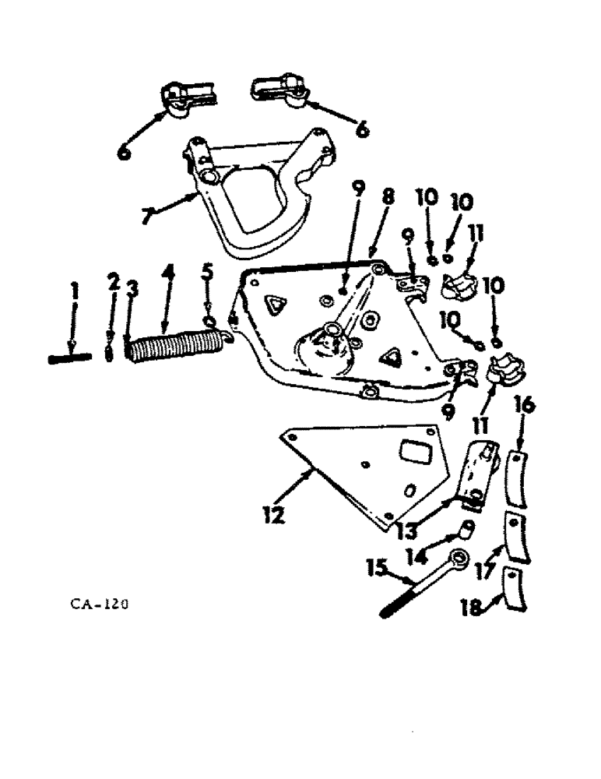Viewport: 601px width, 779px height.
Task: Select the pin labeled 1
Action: tap(71, 358)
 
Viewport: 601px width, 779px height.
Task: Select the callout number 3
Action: tap(132, 289)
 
